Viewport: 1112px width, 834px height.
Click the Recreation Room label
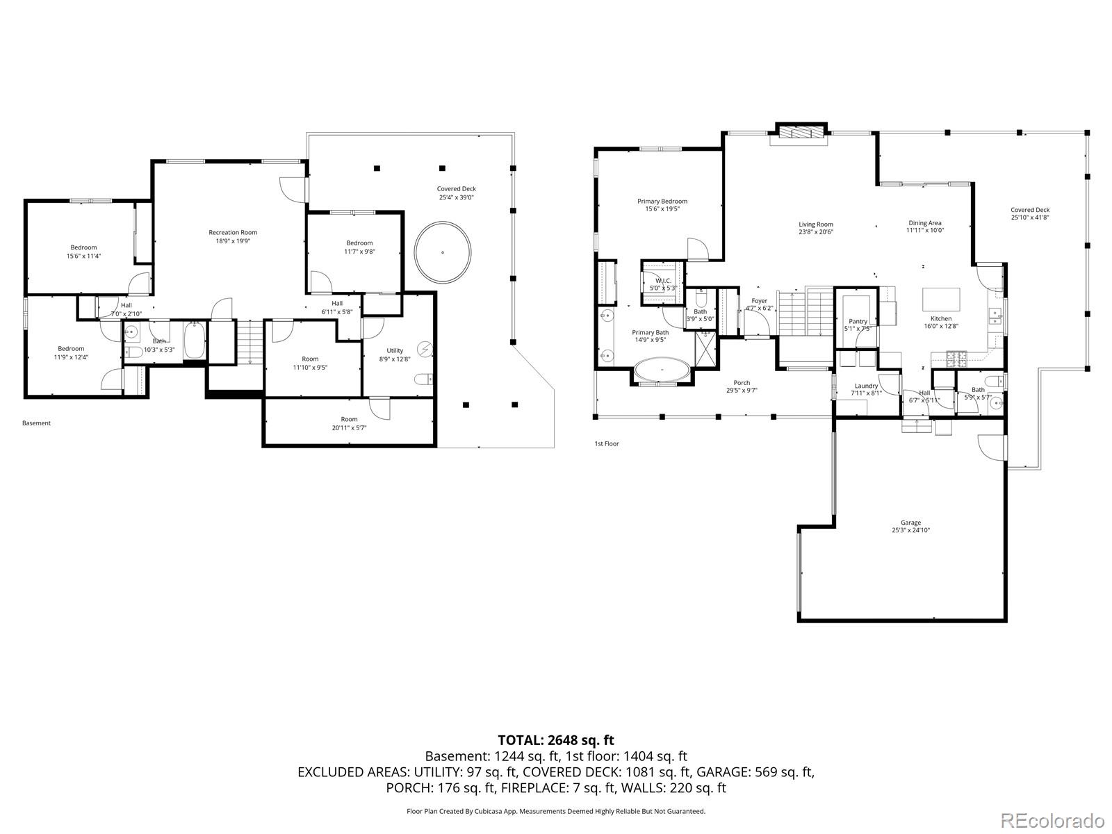(233, 236)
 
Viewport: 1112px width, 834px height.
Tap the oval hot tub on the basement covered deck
(443, 252)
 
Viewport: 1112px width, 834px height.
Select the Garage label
(910, 526)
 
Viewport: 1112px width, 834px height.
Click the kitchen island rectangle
(941, 300)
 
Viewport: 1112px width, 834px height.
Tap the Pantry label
(858, 325)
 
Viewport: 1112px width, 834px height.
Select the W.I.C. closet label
(662, 284)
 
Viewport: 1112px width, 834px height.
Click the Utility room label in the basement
(395, 354)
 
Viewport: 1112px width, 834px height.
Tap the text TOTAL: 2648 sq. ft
(556, 740)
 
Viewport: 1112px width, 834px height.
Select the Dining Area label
(924, 227)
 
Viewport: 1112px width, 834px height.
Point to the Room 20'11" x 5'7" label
(349, 423)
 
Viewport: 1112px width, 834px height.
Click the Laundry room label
(866, 389)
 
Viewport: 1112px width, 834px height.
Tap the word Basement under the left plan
(36, 423)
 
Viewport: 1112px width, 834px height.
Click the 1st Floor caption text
(606, 443)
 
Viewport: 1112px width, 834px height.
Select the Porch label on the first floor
(742, 386)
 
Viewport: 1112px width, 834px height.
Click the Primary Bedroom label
(662, 205)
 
